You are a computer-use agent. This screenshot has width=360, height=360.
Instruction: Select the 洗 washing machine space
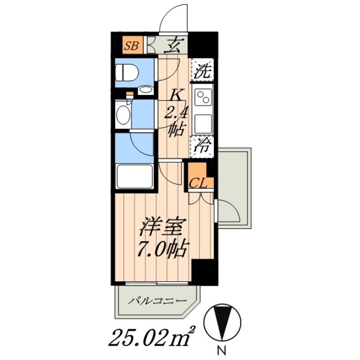click(202, 70)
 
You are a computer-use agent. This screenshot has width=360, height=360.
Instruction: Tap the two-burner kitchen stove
click(202, 98)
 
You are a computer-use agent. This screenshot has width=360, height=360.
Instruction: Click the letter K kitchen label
click(175, 94)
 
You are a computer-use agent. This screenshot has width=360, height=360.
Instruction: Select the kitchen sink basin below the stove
click(202, 120)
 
